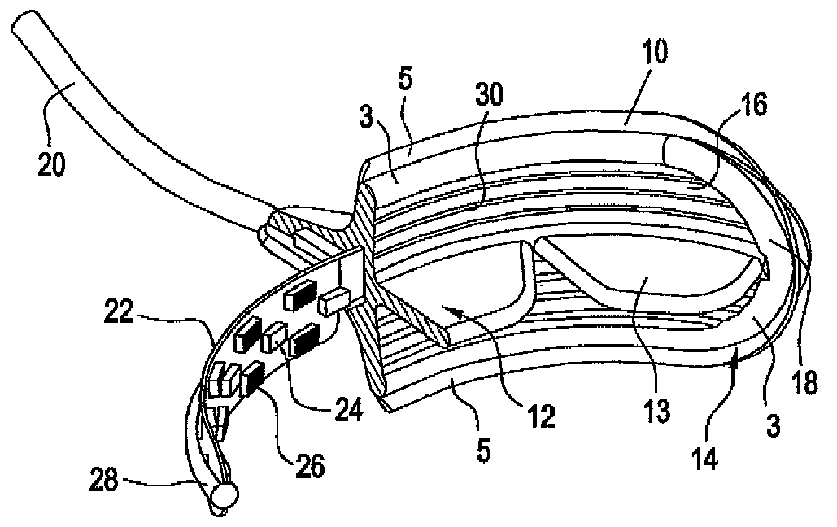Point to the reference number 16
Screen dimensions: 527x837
tap(753, 106)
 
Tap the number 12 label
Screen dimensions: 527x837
tap(541, 415)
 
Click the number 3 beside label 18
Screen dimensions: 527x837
tap(773, 423)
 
